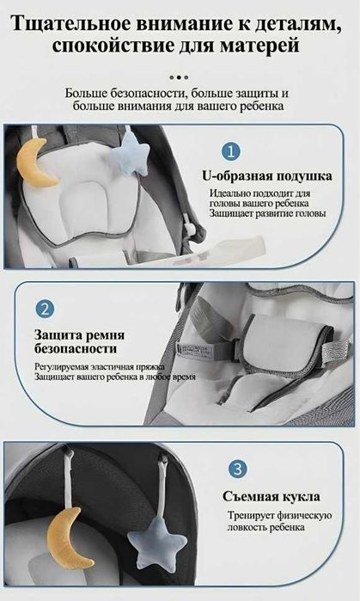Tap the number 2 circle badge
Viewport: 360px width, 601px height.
46,308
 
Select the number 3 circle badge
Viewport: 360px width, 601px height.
238,469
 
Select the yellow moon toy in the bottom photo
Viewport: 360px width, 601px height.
70,536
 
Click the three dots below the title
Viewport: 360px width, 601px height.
180,73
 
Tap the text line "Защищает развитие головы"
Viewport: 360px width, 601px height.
263,213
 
